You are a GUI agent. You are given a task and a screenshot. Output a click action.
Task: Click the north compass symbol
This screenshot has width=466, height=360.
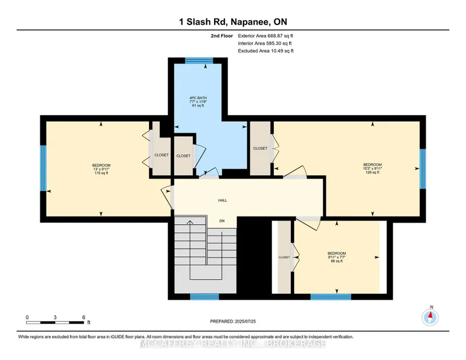[x=430, y=318]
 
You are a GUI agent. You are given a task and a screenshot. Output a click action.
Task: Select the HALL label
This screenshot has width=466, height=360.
[x=223, y=201]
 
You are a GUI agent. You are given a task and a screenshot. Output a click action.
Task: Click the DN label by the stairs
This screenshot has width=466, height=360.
[x=222, y=221]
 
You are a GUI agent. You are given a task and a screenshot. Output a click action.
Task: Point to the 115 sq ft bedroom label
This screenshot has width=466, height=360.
[x=101, y=169]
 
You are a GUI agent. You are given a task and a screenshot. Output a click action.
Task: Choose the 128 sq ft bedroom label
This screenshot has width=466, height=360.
[x=372, y=168]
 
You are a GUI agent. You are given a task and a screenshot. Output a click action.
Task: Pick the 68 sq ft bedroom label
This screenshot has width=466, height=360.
[x=337, y=257]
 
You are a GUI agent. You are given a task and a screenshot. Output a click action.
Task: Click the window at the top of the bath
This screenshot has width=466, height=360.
[x=199, y=60]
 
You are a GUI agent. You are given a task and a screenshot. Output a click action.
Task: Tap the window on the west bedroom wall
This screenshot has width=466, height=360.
[x=43, y=168]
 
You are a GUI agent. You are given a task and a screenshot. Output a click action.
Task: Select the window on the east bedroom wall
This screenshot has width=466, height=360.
[x=423, y=168]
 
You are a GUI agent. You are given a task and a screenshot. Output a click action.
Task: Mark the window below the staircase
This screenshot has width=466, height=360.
[x=204, y=297]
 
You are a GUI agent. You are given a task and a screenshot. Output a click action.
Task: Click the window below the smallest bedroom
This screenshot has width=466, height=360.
[x=331, y=297]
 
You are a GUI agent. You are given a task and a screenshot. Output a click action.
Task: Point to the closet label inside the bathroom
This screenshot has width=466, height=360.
[x=184, y=156]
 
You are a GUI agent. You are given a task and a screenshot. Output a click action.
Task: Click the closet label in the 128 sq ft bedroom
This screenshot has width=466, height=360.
[x=260, y=148]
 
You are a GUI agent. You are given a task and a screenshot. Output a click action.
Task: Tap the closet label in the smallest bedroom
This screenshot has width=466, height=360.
[x=284, y=257]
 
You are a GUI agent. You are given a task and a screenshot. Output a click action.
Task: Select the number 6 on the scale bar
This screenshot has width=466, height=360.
[x=84, y=317]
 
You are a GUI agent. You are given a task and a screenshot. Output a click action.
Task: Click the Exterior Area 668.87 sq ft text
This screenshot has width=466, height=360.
[x=265, y=36]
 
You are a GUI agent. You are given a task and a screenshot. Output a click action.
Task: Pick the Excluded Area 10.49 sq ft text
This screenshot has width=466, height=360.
[x=265, y=51]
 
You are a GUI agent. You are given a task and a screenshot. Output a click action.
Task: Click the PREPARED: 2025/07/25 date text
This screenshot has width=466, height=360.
[x=233, y=322]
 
